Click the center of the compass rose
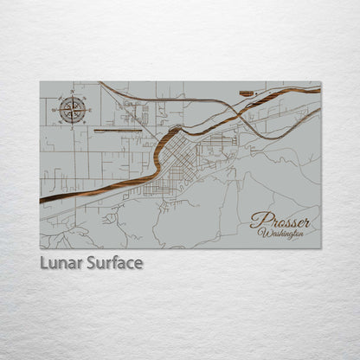tap(73, 110)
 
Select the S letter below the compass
tap(73, 127)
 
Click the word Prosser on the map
tap(280, 222)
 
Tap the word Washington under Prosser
tap(281, 234)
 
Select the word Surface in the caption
tap(114, 262)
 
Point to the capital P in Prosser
tap(257, 221)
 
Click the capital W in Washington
tap(262, 233)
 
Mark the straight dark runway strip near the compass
tap(118, 131)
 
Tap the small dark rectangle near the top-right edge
tap(247, 92)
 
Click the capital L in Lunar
tap(43, 262)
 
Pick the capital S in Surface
tap(91, 262)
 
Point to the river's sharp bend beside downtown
tap(161, 153)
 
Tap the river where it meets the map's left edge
tap(42, 201)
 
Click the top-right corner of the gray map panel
tap(320, 82)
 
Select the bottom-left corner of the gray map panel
tap(40, 248)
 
